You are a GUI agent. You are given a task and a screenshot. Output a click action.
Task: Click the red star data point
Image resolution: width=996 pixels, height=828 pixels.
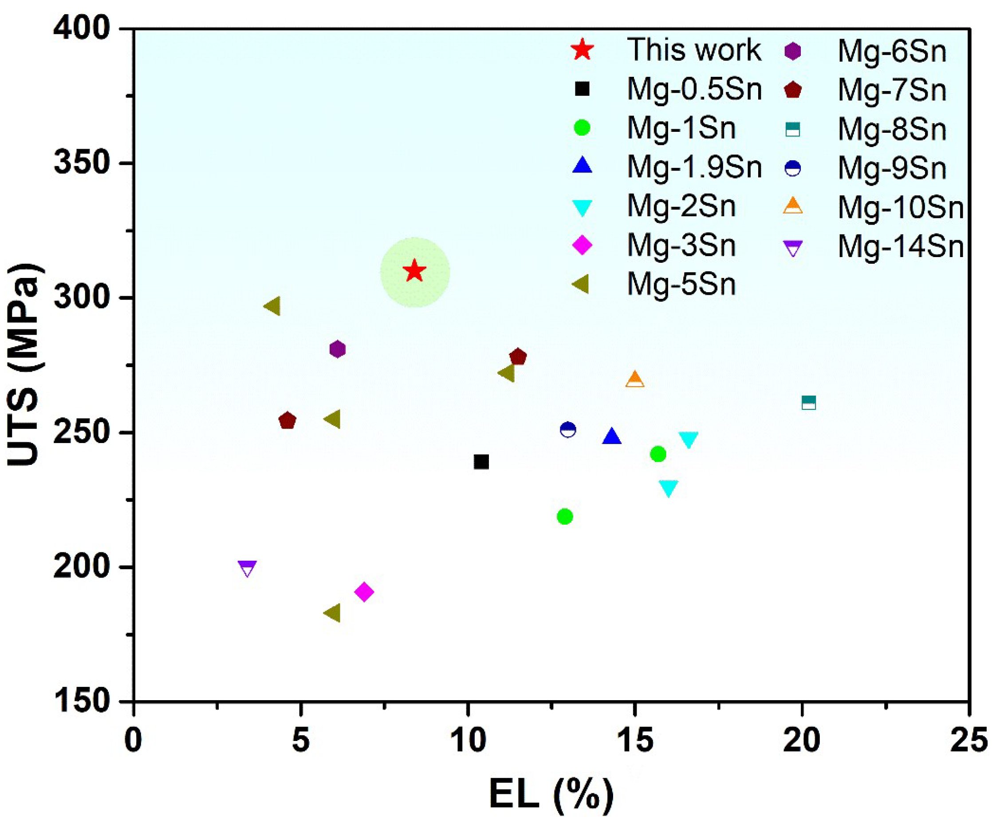point(415,271)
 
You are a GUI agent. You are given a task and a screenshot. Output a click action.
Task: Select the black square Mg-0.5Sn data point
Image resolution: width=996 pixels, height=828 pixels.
point(481,461)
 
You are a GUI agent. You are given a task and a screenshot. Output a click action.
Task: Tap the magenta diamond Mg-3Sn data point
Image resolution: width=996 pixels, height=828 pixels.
point(364,591)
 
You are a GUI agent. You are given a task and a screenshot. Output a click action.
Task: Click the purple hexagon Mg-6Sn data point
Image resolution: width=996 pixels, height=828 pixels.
point(337,349)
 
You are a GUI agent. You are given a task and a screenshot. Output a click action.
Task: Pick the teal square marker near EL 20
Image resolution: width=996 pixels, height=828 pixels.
point(809,403)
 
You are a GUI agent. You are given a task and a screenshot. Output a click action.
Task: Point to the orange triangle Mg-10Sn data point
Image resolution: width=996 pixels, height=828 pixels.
point(635,380)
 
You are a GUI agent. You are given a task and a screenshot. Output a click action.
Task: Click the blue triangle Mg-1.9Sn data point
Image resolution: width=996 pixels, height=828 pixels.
point(612,436)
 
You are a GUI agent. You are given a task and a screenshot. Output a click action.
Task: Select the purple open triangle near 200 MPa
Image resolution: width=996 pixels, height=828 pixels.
point(248,568)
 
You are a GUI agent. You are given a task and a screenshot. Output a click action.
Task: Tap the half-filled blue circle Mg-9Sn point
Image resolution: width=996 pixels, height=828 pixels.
point(568,430)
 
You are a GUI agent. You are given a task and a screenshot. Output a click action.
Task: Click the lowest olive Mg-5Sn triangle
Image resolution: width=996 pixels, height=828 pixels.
point(333,613)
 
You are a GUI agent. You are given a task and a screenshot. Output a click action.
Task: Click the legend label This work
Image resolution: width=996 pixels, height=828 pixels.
point(694,50)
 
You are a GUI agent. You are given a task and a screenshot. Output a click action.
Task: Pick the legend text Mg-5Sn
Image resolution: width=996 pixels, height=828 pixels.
point(681,285)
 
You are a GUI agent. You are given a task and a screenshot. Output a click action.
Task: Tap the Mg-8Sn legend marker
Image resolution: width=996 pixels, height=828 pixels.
point(792,130)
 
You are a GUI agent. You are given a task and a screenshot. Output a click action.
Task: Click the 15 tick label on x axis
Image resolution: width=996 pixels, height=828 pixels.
point(634,740)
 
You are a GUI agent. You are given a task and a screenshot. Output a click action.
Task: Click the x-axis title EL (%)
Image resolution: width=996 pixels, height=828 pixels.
point(551,795)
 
